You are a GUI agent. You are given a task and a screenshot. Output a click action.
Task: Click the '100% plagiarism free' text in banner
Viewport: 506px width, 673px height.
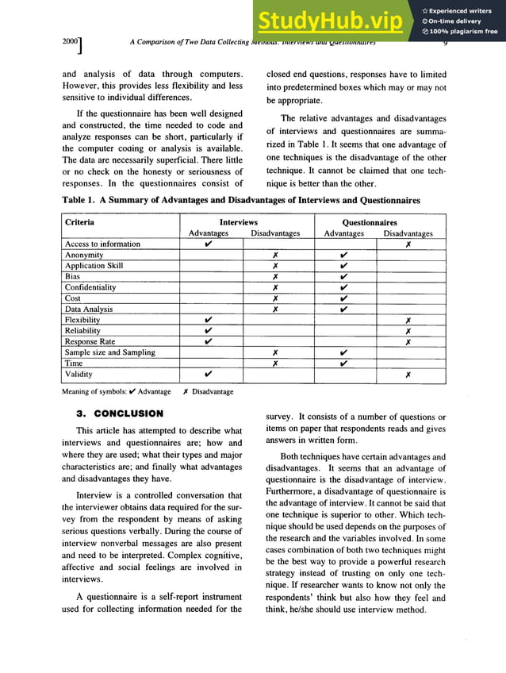click(464, 32)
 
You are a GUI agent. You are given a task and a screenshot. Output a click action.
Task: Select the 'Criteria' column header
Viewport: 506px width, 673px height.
click(79, 222)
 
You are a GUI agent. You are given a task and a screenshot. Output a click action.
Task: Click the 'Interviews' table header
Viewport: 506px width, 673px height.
click(239, 223)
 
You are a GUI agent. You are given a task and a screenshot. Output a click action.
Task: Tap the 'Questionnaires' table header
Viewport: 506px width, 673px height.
click(369, 223)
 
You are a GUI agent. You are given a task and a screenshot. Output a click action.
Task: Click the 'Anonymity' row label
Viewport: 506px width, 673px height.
click(84, 255)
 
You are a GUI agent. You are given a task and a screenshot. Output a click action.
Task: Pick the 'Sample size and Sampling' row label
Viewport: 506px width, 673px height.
click(109, 352)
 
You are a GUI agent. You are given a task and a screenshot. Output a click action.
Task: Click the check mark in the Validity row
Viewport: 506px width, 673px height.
click(208, 374)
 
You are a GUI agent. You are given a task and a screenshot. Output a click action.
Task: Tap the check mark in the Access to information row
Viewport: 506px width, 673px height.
click(208, 244)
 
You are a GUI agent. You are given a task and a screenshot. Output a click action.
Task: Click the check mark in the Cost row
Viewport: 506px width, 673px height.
click(344, 298)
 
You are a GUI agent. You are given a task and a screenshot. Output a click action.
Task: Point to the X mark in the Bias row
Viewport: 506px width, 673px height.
click(274, 277)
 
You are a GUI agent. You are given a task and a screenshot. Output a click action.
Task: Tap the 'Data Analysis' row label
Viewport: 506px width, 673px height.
click(88, 309)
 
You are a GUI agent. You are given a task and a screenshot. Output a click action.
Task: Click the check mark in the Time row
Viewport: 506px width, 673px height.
click(344, 363)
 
